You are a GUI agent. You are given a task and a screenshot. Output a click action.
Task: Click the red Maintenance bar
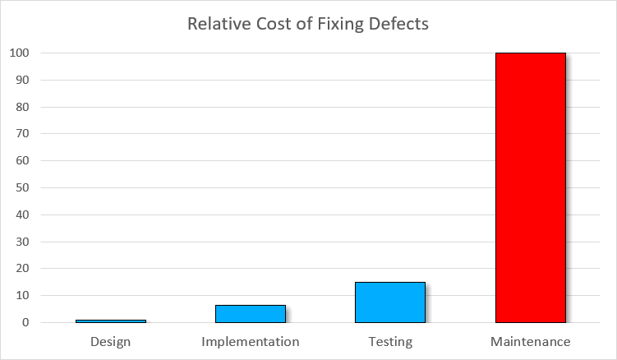531,187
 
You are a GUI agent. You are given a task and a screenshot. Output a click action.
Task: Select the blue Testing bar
390,302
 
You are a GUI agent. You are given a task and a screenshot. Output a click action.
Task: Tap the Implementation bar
251,314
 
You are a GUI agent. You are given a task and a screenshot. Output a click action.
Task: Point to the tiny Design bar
111,321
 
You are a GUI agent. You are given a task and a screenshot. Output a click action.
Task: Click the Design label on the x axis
111,341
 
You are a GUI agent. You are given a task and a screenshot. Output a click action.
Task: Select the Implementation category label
251,341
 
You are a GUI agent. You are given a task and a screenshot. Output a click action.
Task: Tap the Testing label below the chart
390,341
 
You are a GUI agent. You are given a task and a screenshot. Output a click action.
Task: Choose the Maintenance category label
531,341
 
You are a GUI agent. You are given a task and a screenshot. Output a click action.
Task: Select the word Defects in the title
399,24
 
